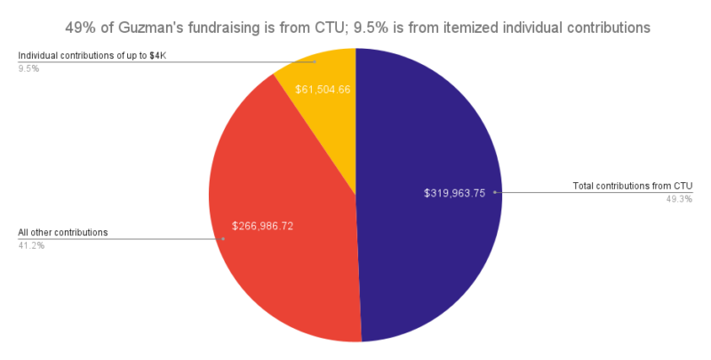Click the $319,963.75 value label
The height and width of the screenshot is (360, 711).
pos(455,193)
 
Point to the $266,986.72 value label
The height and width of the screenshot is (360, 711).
pos(262,226)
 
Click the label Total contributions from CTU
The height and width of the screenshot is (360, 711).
pos(633,186)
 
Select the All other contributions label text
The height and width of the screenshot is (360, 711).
pos(63,232)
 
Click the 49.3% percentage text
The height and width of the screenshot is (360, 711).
pos(679,198)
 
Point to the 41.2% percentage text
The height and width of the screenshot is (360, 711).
pos(31,244)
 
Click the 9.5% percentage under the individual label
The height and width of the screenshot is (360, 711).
pos(28,68)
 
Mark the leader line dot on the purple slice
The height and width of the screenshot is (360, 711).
pos(494,192)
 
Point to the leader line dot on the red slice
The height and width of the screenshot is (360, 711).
pos(223,238)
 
